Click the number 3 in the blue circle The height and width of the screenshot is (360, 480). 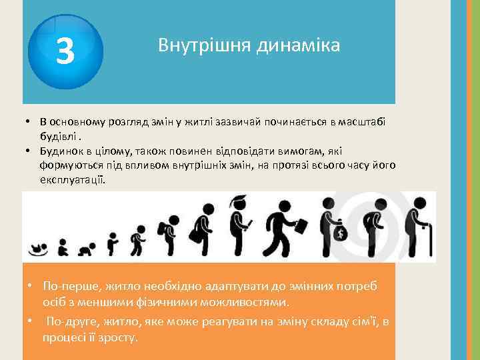tap(65, 52)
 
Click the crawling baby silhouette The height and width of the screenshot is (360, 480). tap(85, 251)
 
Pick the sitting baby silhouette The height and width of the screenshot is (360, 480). tap(63, 249)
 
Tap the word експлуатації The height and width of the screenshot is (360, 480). tap(72, 181)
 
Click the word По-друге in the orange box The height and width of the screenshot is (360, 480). tap(71, 322)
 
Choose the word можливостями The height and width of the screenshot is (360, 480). tap(237, 302)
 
